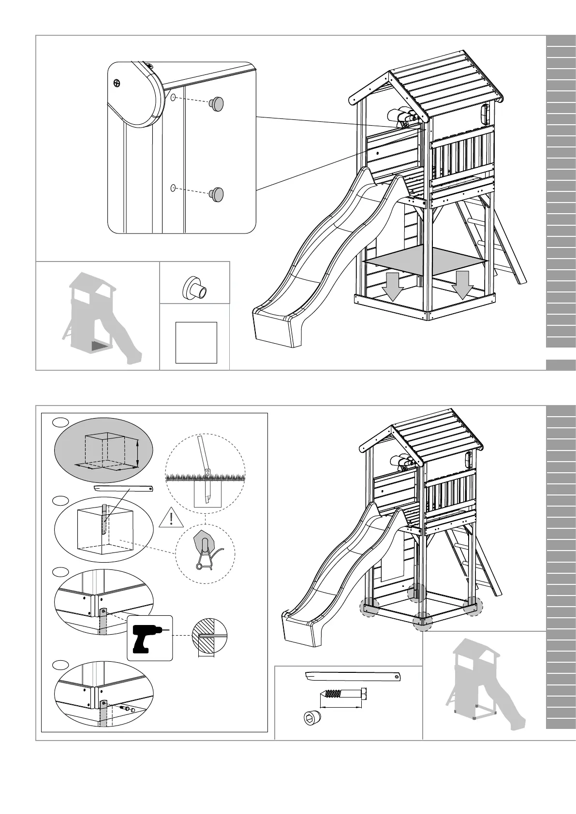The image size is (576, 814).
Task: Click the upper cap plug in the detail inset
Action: coord(217,103)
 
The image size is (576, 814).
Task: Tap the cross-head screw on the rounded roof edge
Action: coord(117,83)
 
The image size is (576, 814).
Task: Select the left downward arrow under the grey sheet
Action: coord(393,286)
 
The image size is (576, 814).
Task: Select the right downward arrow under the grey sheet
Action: coord(463,285)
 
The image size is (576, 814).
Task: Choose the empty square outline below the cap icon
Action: coord(196,342)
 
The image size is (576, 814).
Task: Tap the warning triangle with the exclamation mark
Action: coord(171,518)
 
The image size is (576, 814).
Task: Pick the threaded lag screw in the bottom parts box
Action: coord(343,694)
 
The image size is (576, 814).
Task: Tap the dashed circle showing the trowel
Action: coord(205,554)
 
